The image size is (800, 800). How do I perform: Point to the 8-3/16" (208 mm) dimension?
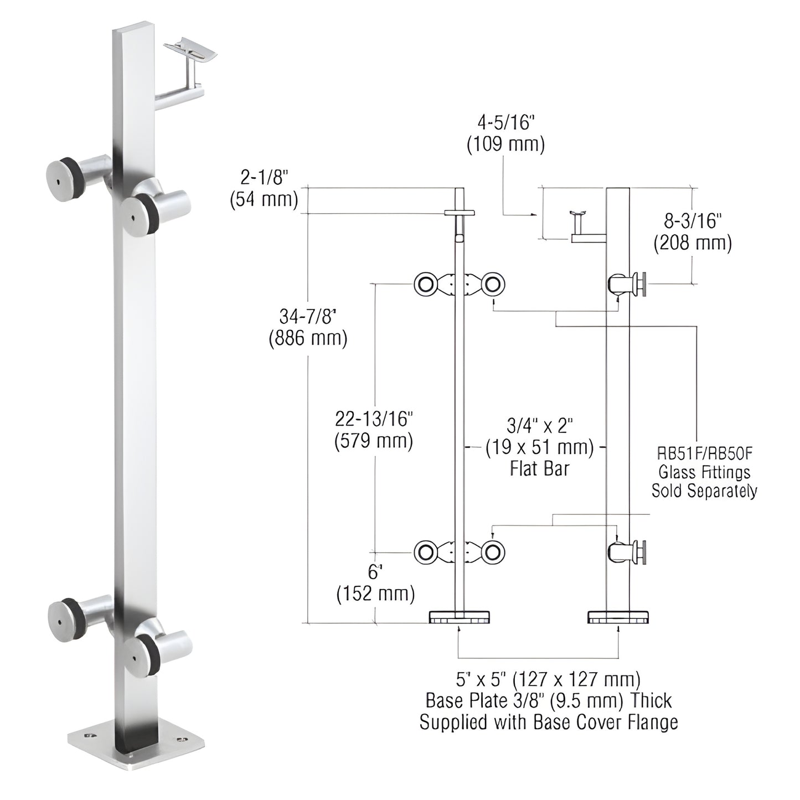[x=692, y=232]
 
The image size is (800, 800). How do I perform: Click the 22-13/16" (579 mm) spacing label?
[x=374, y=430]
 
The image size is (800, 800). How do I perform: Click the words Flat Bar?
[x=539, y=469]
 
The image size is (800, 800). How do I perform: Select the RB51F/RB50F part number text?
[x=704, y=454]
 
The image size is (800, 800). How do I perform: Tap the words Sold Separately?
[x=704, y=491]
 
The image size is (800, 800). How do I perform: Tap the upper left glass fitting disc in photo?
[x=60, y=174]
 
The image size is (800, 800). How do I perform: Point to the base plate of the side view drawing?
[x=618, y=617]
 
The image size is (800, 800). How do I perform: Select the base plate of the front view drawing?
[x=459, y=617]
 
